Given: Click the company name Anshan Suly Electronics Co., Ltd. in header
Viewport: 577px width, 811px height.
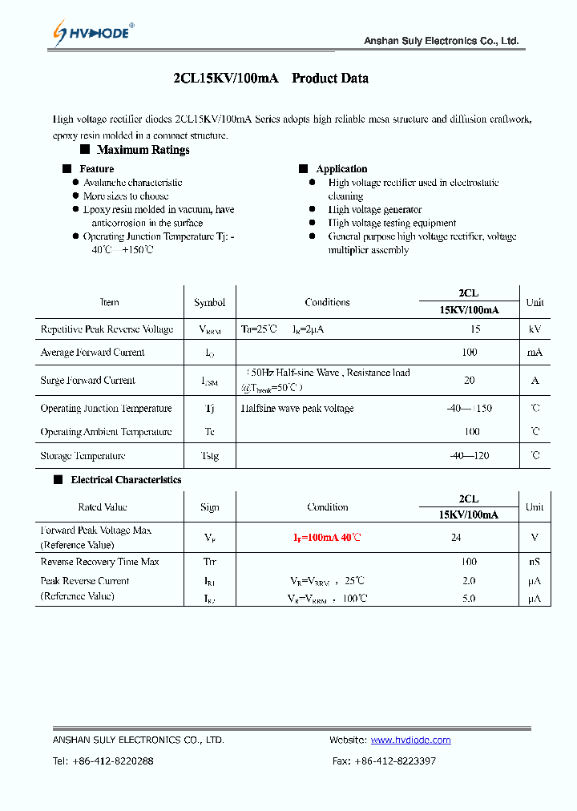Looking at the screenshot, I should [x=441, y=41].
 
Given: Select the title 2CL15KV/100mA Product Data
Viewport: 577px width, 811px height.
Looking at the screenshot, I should [x=271, y=79].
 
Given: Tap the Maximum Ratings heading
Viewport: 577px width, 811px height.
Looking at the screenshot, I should [x=143, y=150].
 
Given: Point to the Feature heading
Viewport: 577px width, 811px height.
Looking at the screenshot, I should [x=96, y=169].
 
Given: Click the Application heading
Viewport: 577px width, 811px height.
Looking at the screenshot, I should [x=341, y=169].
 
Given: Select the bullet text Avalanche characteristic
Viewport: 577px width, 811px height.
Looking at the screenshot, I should [x=132, y=183].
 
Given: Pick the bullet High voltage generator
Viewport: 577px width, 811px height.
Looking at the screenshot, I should [x=374, y=209].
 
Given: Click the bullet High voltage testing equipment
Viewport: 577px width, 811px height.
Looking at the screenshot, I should [x=392, y=223].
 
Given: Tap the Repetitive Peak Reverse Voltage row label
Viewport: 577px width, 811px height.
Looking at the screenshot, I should [x=107, y=329].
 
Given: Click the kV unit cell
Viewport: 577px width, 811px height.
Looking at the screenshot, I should [x=535, y=329].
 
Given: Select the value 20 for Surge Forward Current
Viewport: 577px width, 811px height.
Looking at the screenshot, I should [x=469, y=381].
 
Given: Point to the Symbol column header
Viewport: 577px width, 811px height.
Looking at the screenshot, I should [x=209, y=303].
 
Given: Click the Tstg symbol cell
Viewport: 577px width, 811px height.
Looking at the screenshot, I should [x=209, y=456].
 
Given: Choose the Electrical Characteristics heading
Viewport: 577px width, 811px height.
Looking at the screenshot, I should [x=126, y=480].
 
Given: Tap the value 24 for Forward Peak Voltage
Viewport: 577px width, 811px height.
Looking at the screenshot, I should [x=456, y=538].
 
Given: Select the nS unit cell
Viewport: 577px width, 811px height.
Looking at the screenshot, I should [x=534, y=562].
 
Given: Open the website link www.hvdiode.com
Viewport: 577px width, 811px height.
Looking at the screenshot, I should [x=410, y=740].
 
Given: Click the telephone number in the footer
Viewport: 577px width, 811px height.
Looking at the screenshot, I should [x=103, y=761].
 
